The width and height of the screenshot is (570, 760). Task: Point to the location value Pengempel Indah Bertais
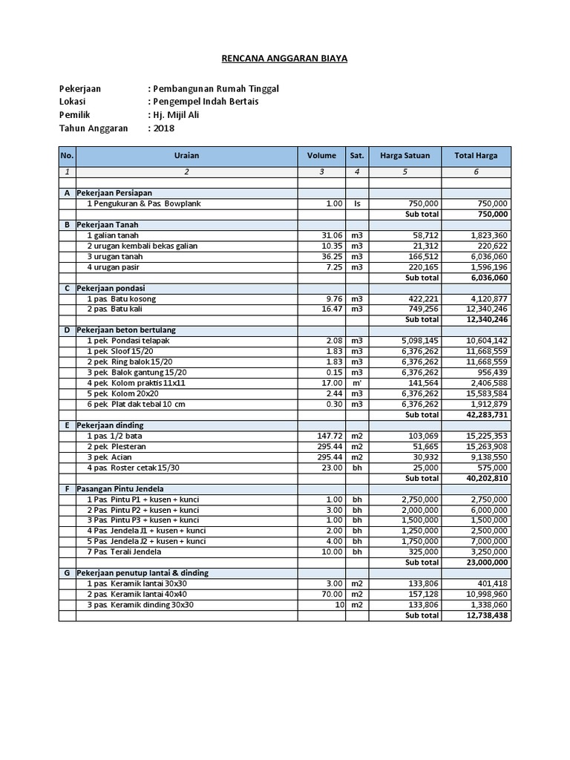(x=204, y=102)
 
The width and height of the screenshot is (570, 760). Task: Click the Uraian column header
(x=186, y=156)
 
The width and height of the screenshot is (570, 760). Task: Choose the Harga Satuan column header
(x=404, y=156)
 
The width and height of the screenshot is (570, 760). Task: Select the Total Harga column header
(x=476, y=156)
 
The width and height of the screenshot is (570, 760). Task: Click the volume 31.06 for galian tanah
(x=330, y=235)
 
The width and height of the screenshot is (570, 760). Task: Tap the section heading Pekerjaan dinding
(x=110, y=425)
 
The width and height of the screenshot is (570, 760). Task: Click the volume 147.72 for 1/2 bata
(x=327, y=436)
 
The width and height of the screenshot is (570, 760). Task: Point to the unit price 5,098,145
(x=419, y=341)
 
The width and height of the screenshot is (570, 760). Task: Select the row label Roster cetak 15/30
(x=139, y=468)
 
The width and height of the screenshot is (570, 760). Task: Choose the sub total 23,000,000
(x=485, y=563)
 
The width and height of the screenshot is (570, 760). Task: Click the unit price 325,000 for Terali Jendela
(x=423, y=552)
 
